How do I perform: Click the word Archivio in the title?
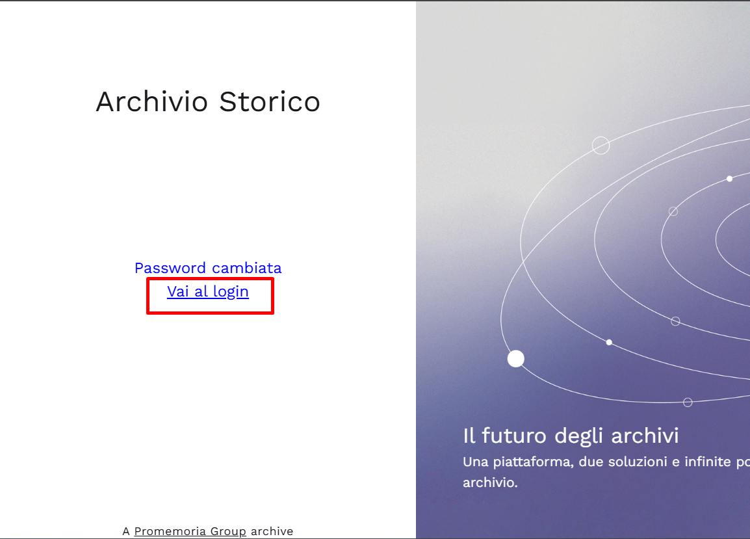coord(151,101)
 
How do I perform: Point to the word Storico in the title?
coord(270,101)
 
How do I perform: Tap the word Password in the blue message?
coord(170,268)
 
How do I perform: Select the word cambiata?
coord(247,268)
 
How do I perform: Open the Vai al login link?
coord(207,291)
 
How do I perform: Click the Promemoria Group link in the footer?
coord(190,531)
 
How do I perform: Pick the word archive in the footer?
coord(272,531)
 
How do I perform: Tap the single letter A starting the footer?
coord(126,531)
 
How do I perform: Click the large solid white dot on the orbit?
coord(515,358)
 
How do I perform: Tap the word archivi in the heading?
coord(645,436)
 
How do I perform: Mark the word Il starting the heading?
coord(469,436)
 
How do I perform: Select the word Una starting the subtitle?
coord(476,462)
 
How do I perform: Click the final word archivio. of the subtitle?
coord(490,482)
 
